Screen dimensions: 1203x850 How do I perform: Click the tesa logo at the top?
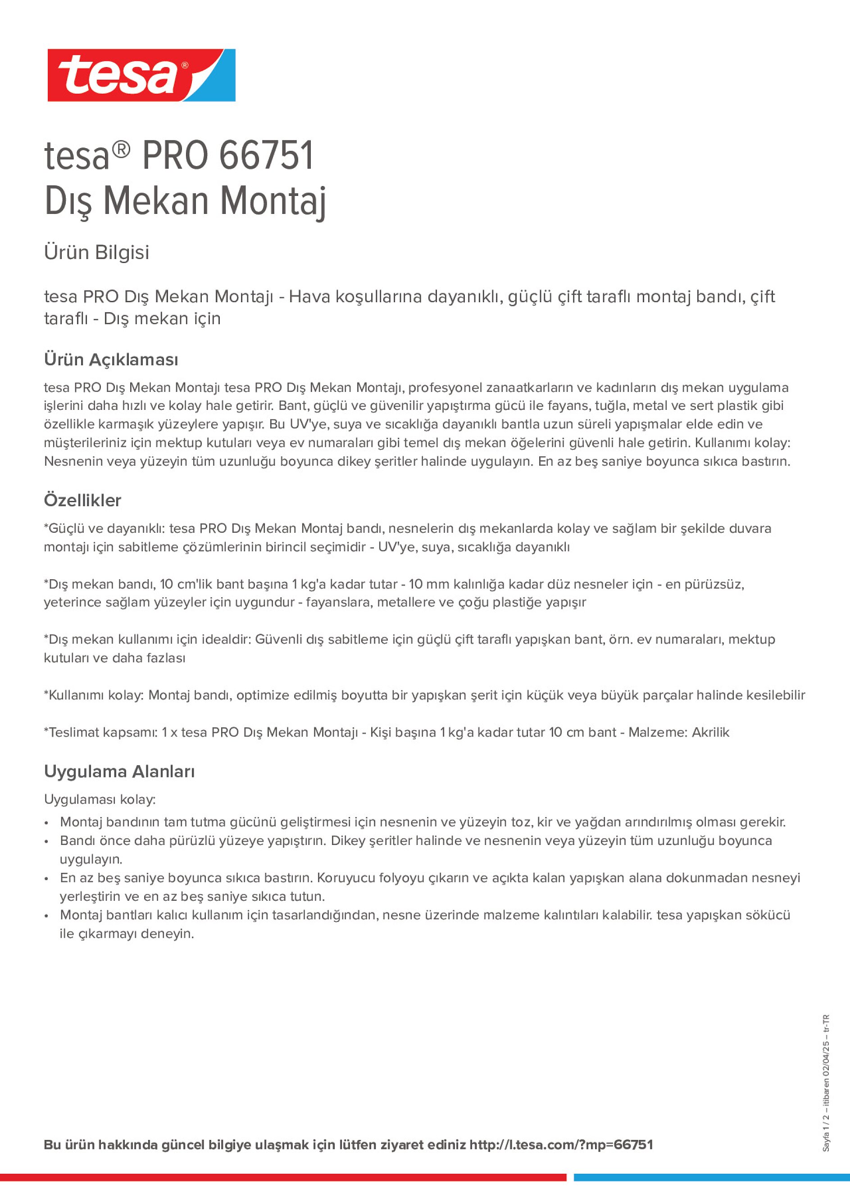(141, 76)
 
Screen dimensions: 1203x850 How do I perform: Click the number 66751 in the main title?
(266, 156)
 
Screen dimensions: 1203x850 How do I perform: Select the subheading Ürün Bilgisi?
(96, 253)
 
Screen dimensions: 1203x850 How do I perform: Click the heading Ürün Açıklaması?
(111, 360)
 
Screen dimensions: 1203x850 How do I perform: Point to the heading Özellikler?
(82, 500)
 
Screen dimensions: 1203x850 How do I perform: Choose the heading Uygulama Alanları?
(119, 772)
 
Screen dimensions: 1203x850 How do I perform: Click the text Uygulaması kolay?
(100, 799)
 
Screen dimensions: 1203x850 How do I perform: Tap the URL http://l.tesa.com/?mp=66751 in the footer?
(561, 1145)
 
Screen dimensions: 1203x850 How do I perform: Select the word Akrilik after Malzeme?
(711, 732)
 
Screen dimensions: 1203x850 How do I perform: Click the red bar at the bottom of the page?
(283, 1177)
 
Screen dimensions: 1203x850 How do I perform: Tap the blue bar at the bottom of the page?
(711, 1177)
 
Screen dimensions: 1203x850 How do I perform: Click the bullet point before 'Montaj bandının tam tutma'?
(47, 822)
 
